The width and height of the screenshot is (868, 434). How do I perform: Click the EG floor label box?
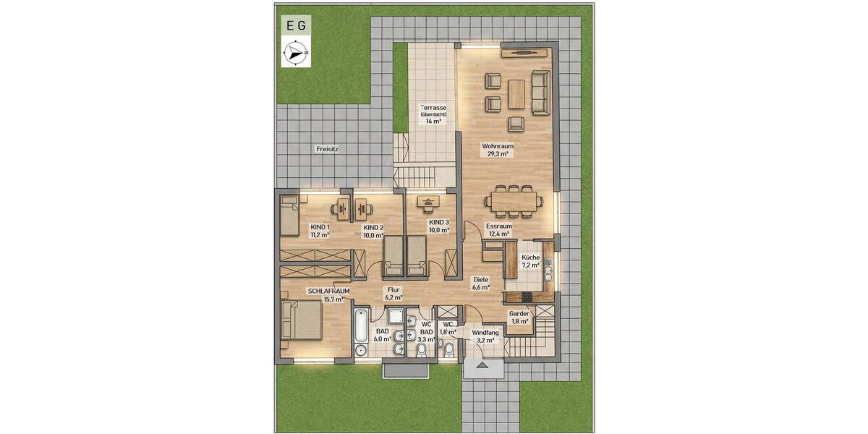coord(296,25)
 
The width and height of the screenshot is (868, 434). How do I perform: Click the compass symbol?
coord(296,54)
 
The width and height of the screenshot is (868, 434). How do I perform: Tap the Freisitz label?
coord(326,148)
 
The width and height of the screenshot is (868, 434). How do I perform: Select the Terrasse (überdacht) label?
coord(434,114)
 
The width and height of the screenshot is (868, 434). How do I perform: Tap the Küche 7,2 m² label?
coord(530,261)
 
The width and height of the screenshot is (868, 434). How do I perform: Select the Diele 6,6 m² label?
coord(481,283)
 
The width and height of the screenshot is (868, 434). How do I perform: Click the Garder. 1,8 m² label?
coord(519,317)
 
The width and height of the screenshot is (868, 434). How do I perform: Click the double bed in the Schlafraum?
coord(302,320)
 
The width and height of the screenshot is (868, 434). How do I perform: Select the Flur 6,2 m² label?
coord(393,293)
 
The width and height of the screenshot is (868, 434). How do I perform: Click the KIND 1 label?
coord(320,230)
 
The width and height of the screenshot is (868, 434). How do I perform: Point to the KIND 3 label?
coord(439,226)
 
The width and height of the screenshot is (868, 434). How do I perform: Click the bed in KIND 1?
coord(289,215)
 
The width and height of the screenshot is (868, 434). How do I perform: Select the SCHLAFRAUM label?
coord(328,295)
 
